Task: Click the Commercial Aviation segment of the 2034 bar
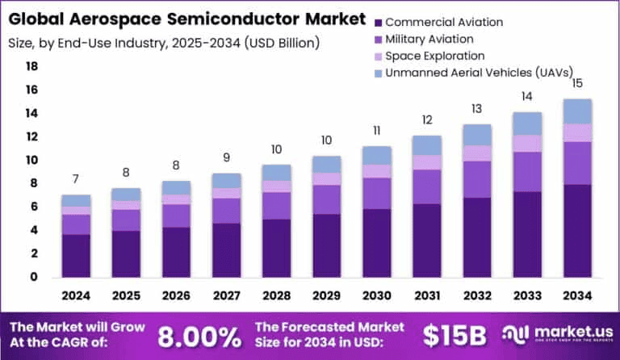[576, 231]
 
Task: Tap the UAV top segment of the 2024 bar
[76, 200]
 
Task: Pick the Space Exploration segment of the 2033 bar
[526, 143]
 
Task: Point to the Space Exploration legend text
[435, 56]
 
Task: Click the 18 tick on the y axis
[32, 66]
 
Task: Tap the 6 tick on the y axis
[33, 207]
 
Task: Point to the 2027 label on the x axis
[226, 297]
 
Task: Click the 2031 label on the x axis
[426, 297]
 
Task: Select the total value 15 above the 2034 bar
[576, 83]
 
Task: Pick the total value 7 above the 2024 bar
[76, 178]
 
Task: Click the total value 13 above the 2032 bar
[476, 108]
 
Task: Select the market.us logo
[551, 334]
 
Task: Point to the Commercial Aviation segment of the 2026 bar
[176, 252]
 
